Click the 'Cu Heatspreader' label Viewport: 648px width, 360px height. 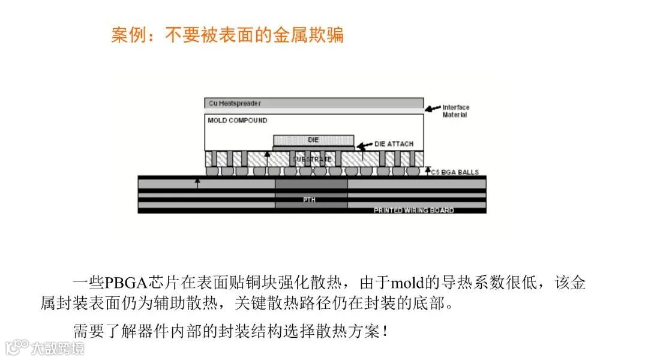tap(235, 103)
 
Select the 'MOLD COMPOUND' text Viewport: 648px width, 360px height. tap(238, 121)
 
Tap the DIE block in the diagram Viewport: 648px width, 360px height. tap(313, 139)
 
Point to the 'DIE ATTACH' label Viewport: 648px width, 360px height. tap(394, 145)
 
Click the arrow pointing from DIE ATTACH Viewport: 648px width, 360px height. tap(364, 145)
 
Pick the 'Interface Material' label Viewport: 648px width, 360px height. tap(456, 111)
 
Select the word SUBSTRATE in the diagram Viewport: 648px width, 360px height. tap(312, 159)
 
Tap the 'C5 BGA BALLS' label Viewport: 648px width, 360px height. tap(455, 173)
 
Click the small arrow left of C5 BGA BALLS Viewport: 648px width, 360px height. tap(427, 172)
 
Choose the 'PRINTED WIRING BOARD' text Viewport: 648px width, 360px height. tap(413, 211)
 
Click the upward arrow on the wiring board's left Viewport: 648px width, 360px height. tap(197, 184)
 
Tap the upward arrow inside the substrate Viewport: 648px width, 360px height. tap(267, 158)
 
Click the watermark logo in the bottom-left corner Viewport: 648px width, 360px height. tap(18, 347)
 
